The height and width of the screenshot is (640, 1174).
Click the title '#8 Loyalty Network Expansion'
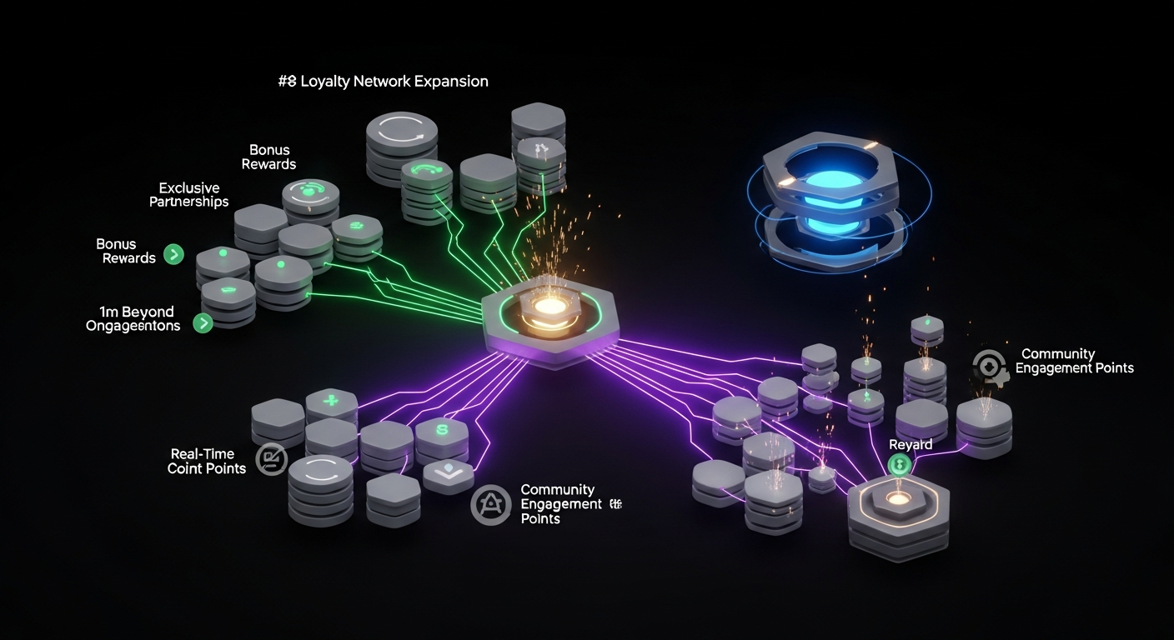pos(383,82)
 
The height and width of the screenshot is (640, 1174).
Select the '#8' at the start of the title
pos(287,82)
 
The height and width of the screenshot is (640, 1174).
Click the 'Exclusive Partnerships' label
pos(188,195)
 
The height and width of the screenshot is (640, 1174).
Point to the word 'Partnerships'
pos(188,202)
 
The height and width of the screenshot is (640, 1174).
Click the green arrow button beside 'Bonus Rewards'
pos(173,255)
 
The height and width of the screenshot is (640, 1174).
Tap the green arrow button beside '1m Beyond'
pos(203,323)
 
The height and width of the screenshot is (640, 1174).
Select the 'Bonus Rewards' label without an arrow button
pos(268,157)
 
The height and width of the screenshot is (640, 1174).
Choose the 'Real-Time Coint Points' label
pos(207,461)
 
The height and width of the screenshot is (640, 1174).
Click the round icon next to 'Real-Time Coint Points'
pos(271,459)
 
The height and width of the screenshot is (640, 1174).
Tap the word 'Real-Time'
pos(202,453)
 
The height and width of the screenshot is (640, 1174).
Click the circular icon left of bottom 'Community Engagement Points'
pos(490,504)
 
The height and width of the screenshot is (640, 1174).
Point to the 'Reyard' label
pos(911,445)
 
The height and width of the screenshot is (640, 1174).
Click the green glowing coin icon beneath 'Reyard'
pos(899,466)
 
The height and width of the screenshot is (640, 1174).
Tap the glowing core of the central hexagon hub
pos(549,307)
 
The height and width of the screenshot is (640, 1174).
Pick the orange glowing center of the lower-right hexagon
pos(899,499)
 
